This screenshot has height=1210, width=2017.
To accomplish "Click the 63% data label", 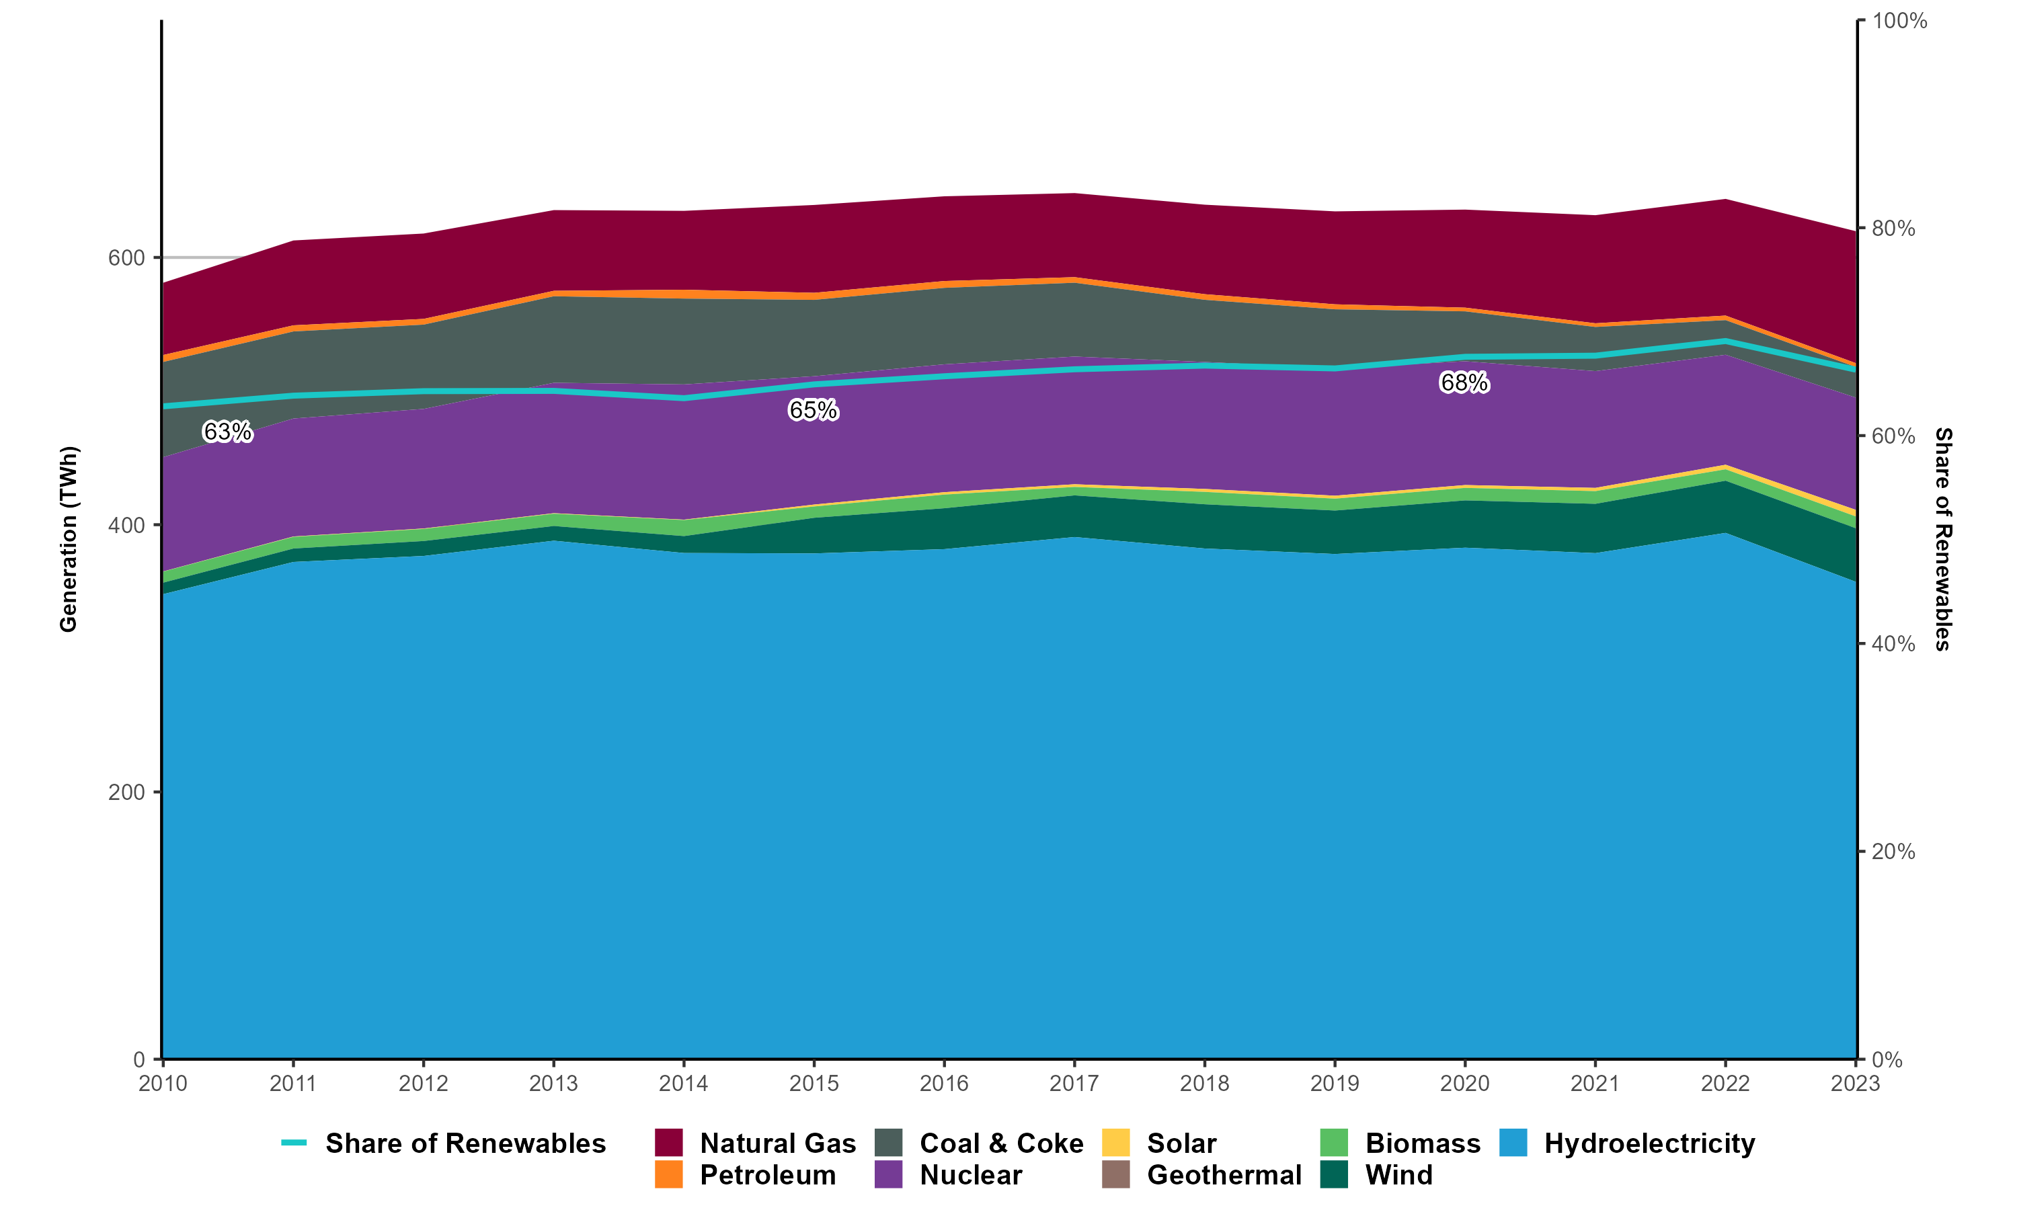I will coord(227,432).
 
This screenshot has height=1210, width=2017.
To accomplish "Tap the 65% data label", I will coord(813,410).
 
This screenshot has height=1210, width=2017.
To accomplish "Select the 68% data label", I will coord(1464,382).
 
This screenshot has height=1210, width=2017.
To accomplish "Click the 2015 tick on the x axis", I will coord(814,1084).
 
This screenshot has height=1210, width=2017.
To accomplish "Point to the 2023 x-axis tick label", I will coord(1855,1084).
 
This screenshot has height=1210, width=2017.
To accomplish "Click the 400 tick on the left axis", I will coord(126,525).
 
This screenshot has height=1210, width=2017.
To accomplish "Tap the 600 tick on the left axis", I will coord(126,257).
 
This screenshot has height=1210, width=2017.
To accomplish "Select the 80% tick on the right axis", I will coord(1893,229).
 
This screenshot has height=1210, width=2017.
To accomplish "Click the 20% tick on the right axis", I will coord(1893,851).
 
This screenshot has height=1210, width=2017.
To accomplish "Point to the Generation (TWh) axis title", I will coord(69,539).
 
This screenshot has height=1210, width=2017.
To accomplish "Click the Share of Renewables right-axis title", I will coord(1943,539).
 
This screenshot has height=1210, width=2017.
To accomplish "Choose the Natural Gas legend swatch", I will coord(668,1143).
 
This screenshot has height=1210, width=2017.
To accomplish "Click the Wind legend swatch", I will coord(1334,1175).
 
